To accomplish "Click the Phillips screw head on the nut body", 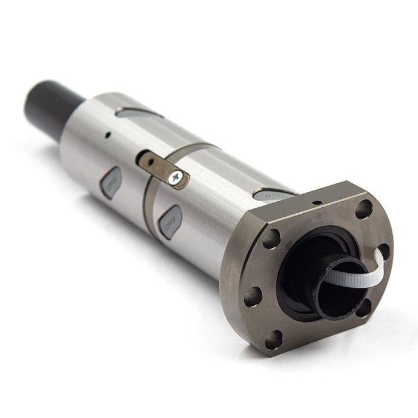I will pyautogui.click(x=176, y=177).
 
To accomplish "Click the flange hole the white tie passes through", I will pyautogui.click(x=383, y=251).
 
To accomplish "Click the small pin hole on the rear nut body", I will pyautogui.click(x=107, y=135).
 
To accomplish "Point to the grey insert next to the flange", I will pyautogui.click(x=273, y=194).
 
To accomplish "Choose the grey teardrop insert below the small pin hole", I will pyautogui.click(x=111, y=182).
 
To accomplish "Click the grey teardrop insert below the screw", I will pyautogui.click(x=170, y=222).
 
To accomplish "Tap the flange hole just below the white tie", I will pyautogui.click(x=362, y=308).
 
